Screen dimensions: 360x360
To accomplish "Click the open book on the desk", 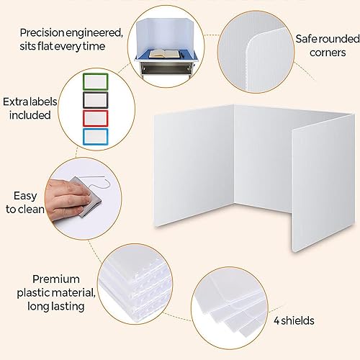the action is (x=165, y=53).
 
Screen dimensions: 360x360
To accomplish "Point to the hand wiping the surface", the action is (x=66, y=198).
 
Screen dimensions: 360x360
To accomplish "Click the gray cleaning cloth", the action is (x=89, y=197).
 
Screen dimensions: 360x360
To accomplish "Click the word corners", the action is (x=328, y=53).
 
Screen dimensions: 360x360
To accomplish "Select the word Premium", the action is (x=56, y=279).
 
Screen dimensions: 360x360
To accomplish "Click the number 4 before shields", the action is (x=276, y=321).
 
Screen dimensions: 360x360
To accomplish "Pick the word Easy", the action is (x=25, y=197).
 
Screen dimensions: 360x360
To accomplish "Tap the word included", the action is (x=30, y=115).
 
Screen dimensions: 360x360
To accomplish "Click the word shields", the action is (x=297, y=320).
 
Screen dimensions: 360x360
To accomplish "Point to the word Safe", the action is (x=306, y=39).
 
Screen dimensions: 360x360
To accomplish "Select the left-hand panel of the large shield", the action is (x=194, y=166).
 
